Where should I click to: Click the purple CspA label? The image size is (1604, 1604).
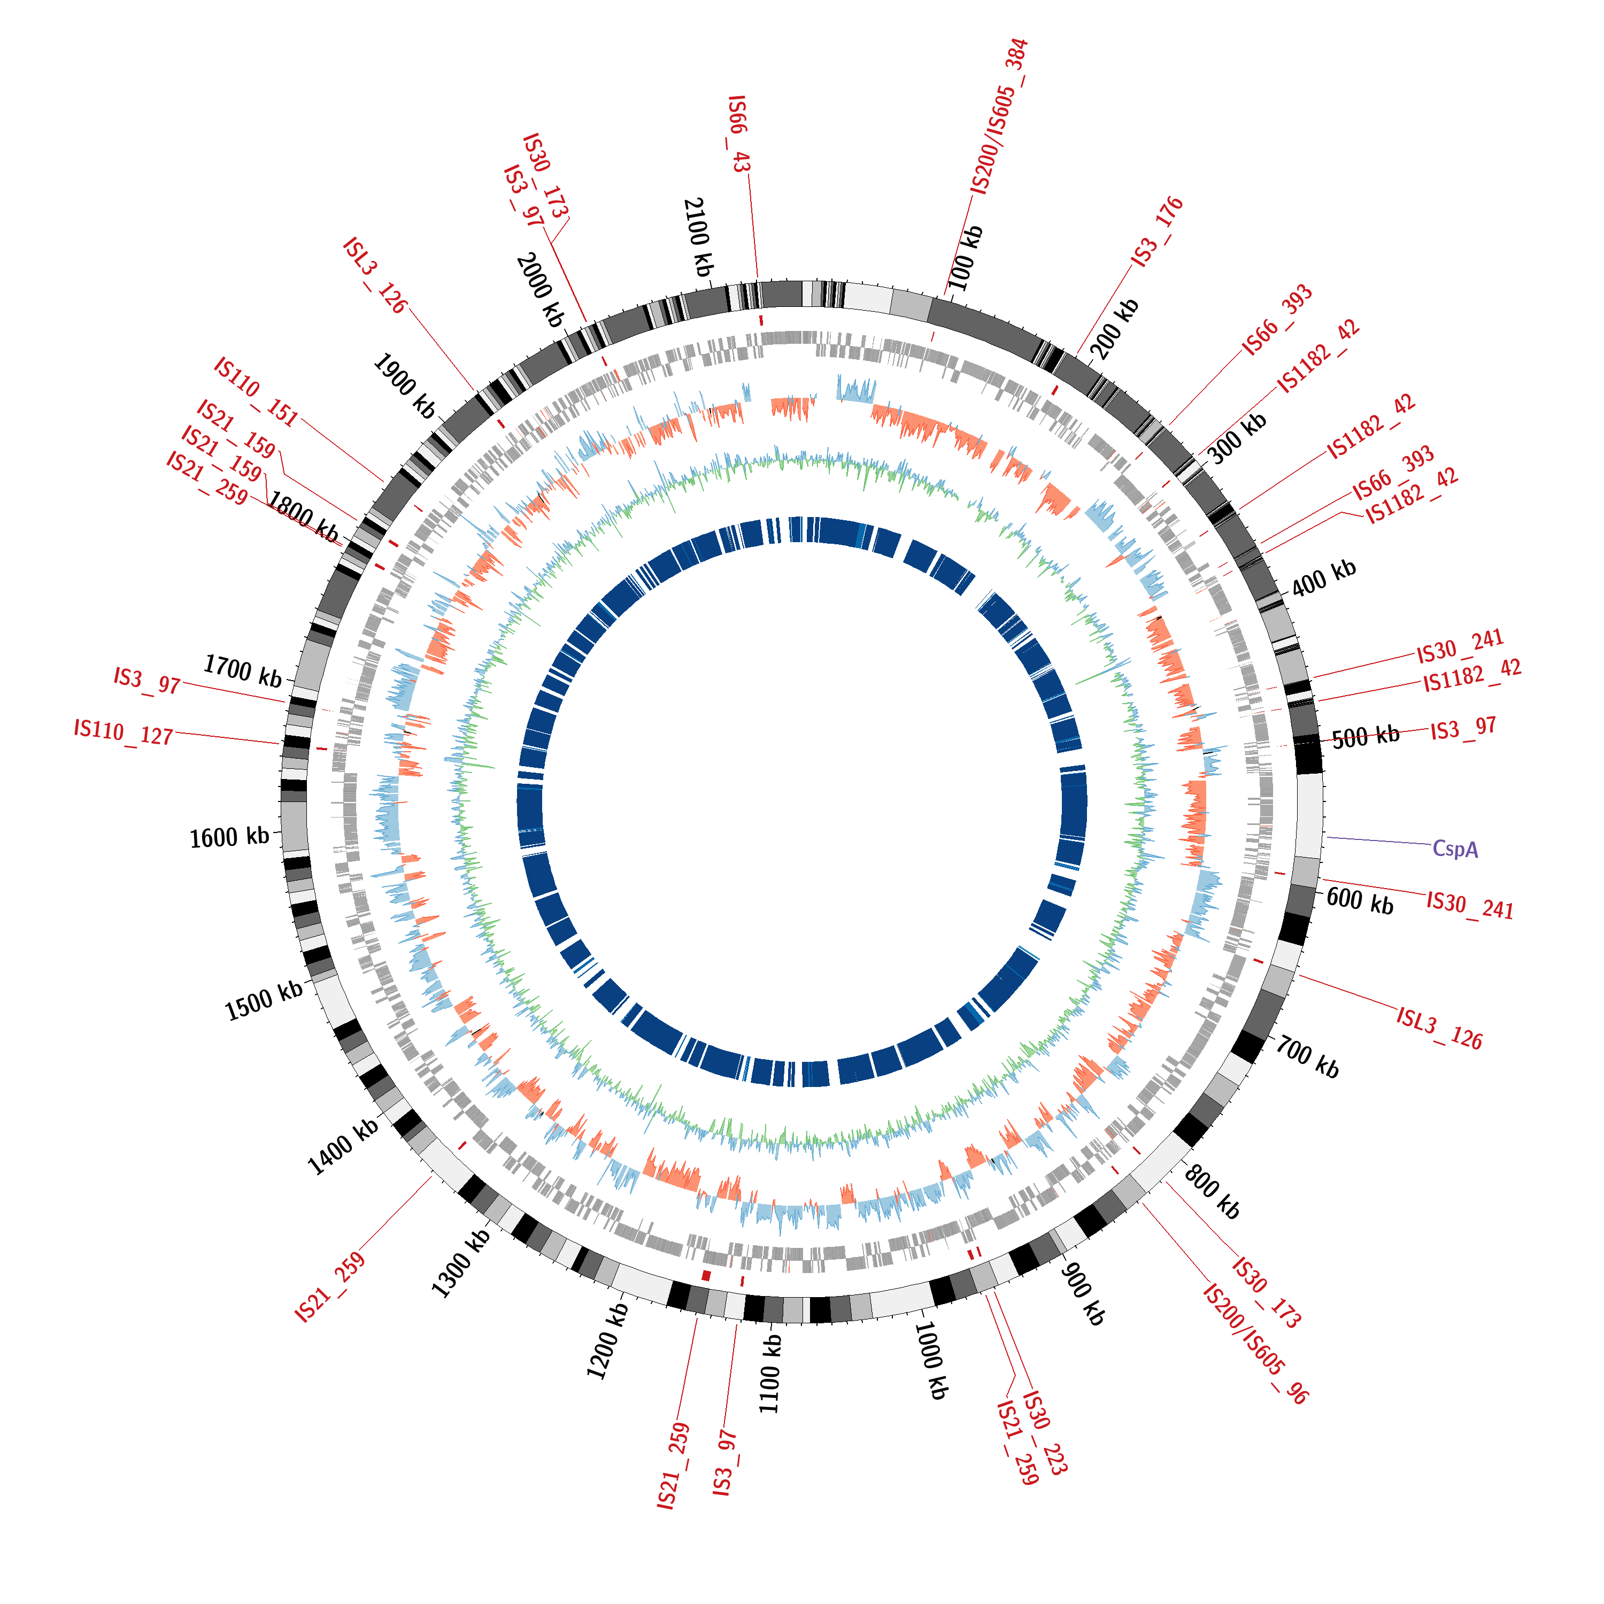tap(1455, 849)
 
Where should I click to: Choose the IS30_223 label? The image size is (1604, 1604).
tap(1044, 1432)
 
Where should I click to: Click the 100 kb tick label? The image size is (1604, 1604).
tap(966, 258)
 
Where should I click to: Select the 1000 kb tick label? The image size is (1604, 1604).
tap(931, 1360)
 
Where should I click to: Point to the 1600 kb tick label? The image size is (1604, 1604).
tap(229, 837)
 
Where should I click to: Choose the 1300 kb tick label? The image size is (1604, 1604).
tap(461, 1262)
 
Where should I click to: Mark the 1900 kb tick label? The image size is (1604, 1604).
tap(404, 386)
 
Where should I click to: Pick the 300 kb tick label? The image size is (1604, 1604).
tap(1237, 437)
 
